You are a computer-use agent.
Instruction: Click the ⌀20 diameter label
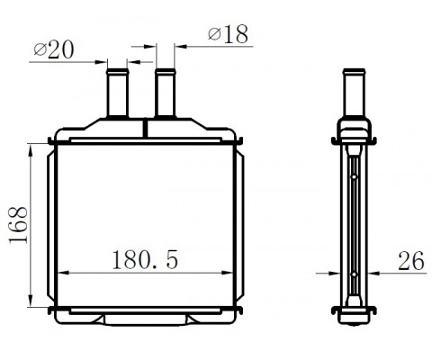[x=54, y=49]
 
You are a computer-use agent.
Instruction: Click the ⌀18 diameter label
[x=229, y=34]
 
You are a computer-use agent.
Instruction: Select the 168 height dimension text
[x=19, y=225]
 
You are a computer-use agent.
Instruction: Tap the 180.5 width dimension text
[x=145, y=259]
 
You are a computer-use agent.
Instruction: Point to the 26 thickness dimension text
[x=411, y=261]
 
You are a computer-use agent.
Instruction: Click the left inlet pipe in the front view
[x=118, y=93]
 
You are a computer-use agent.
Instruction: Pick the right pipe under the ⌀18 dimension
[x=166, y=93]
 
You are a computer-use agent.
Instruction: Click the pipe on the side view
[x=355, y=93]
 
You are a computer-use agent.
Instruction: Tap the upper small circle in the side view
[x=354, y=177]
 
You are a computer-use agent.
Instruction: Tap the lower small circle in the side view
[x=354, y=274]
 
